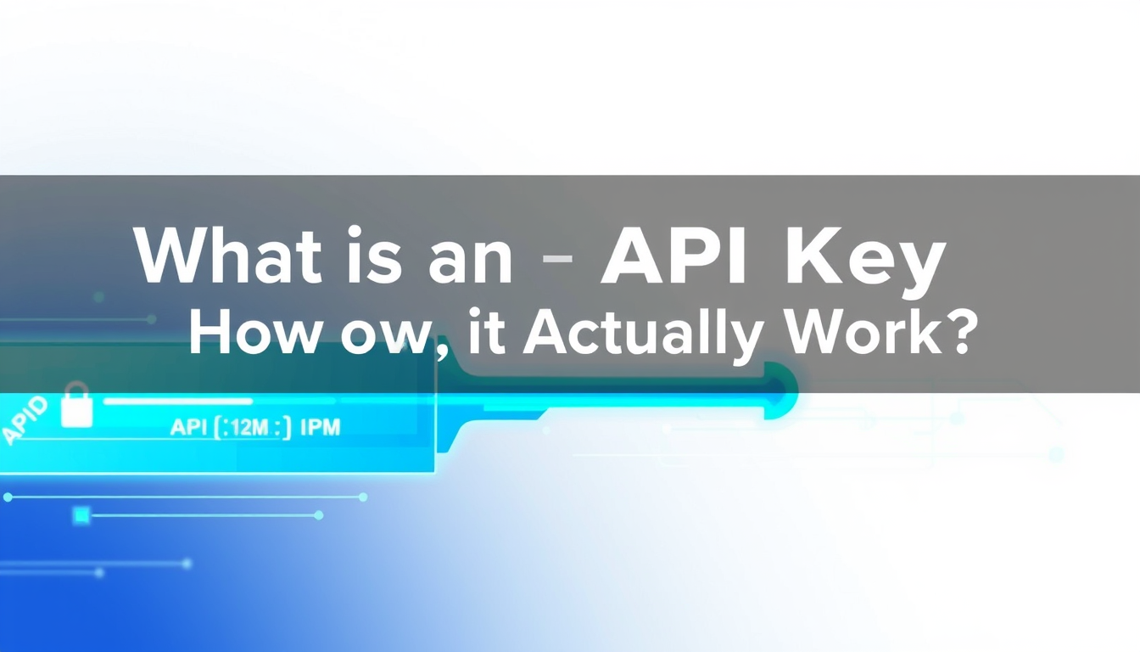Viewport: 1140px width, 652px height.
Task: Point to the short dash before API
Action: tap(556, 257)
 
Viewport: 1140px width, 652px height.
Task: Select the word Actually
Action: tap(639, 336)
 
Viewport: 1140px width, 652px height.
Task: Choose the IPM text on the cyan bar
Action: tap(320, 426)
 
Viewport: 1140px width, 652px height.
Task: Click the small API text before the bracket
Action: tap(189, 427)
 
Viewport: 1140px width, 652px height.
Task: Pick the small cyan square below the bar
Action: tap(81, 514)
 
